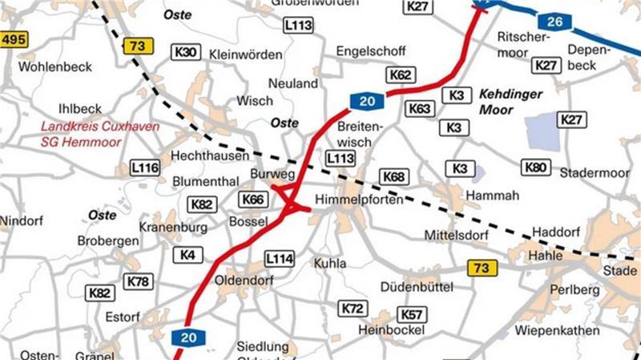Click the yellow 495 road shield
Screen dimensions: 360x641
[x=14, y=39]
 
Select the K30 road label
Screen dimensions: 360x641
[x=186, y=52]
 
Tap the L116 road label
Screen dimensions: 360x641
[x=145, y=168]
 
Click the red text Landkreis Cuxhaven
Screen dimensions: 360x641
[x=101, y=127]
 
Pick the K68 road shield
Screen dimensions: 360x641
[x=394, y=176]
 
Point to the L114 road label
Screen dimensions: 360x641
[x=280, y=258]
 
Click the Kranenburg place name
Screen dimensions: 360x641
[x=172, y=228]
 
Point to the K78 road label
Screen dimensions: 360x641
[x=138, y=281]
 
